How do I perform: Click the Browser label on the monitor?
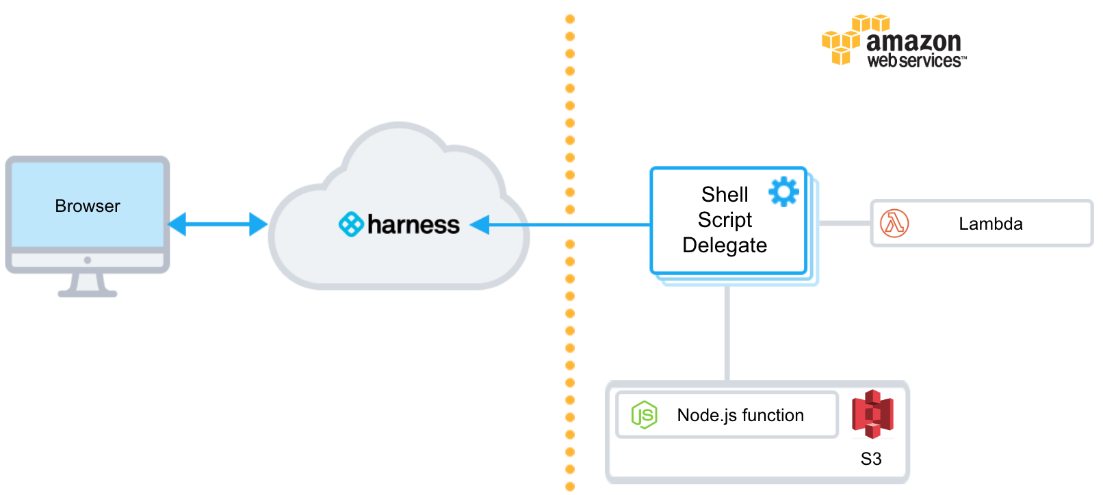(x=87, y=206)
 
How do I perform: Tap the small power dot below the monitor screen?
(x=88, y=260)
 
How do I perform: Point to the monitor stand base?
(x=88, y=294)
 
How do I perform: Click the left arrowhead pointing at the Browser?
(x=177, y=224)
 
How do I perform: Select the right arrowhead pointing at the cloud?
(x=259, y=224)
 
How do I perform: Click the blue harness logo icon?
(x=351, y=224)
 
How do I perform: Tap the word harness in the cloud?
(x=413, y=225)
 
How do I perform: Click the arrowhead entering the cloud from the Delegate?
(x=480, y=225)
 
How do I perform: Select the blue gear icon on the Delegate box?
(x=784, y=191)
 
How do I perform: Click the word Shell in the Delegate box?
(x=725, y=194)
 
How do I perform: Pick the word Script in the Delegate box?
(x=725, y=220)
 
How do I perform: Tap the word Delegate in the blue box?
(x=725, y=245)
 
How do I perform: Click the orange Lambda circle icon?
(x=894, y=224)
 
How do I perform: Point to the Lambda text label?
(x=991, y=224)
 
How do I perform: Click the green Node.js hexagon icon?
(x=644, y=415)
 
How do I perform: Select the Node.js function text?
(x=740, y=415)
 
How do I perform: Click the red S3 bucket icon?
(x=872, y=414)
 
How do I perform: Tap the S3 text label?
(x=871, y=459)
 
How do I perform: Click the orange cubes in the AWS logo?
(x=855, y=40)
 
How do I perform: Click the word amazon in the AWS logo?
(x=914, y=42)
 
